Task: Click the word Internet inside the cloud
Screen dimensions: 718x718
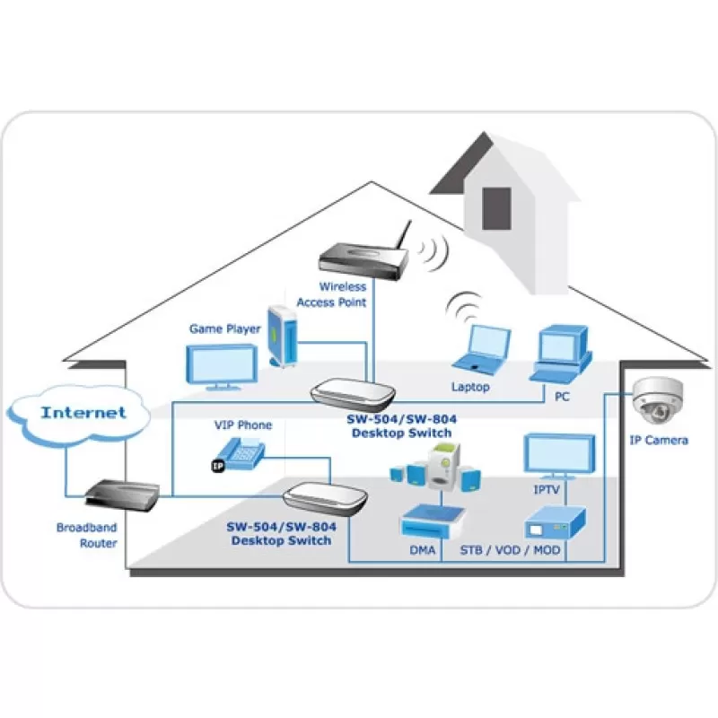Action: [x=83, y=413]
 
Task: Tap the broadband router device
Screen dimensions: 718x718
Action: [x=123, y=495]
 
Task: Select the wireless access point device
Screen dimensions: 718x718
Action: [x=364, y=253]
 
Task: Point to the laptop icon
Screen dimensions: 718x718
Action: [x=481, y=349]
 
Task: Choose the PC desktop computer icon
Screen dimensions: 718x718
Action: [x=562, y=355]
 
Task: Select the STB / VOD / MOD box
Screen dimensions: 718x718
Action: [x=555, y=523]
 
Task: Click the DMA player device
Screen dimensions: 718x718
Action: [x=433, y=521]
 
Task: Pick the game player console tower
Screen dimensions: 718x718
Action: [x=283, y=336]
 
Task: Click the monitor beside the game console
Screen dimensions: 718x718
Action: [x=222, y=368]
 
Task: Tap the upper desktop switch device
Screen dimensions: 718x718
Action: [x=353, y=394]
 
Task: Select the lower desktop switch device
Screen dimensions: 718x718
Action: [x=325, y=499]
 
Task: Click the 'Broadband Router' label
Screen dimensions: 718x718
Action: [x=87, y=535]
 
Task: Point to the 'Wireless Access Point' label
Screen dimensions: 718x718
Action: [x=331, y=294]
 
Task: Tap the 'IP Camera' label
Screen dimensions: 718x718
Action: [x=659, y=441]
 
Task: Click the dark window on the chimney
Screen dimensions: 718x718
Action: [x=496, y=208]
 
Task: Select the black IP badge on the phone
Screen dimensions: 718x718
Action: [x=218, y=466]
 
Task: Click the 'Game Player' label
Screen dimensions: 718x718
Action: [x=225, y=328]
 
